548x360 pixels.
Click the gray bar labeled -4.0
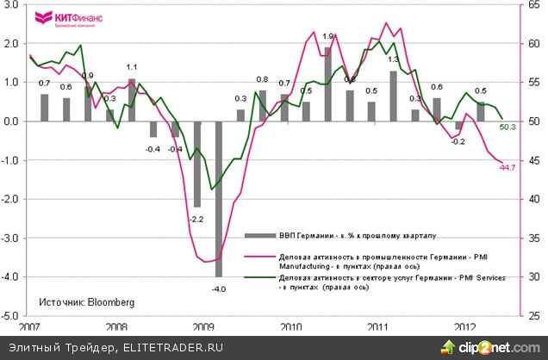[218, 198]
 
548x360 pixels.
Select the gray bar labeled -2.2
[196, 164]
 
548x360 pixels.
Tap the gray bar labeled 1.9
[328, 84]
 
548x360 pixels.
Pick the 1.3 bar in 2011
[393, 96]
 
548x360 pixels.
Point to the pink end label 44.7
[508, 168]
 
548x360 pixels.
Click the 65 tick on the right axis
[533, 5]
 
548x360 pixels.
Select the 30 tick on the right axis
[533, 276]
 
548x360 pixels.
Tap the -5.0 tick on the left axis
[13, 316]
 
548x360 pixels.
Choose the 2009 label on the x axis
[203, 328]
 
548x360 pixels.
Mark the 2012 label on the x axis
[465, 328]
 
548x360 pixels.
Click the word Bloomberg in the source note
[109, 302]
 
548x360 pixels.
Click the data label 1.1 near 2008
[132, 67]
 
